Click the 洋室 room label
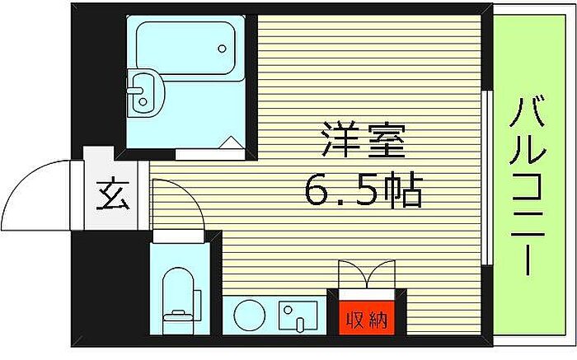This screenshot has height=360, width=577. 364,140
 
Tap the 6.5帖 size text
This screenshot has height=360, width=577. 364,190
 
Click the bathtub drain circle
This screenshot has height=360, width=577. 222,49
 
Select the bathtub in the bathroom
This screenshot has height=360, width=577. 185,48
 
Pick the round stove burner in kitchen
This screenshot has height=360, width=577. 250,316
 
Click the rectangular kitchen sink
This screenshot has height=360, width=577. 298,316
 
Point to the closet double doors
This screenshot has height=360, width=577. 367,274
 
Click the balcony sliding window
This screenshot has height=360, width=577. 487,177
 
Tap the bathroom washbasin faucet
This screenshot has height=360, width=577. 135,90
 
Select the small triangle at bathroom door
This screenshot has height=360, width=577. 232,143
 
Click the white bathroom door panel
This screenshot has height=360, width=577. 210,154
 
